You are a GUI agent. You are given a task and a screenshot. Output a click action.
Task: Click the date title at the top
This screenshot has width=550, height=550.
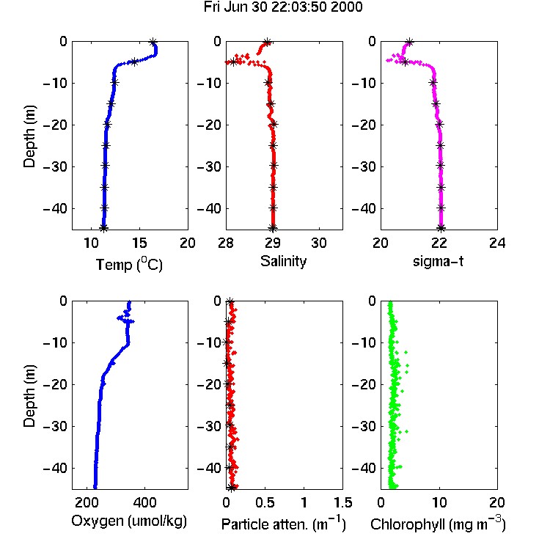click(283, 7)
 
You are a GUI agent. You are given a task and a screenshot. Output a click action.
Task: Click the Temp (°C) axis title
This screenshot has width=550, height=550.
click(129, 264)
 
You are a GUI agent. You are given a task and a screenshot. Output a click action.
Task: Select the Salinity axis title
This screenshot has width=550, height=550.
click(283, 261)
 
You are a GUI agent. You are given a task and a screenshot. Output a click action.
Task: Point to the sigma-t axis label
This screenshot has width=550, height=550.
click(438, 262)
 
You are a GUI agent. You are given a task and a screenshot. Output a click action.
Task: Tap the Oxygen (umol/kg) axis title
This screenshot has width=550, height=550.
click(129, 521)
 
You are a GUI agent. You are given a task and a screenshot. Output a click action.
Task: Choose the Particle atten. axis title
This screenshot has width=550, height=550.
click(284, 524)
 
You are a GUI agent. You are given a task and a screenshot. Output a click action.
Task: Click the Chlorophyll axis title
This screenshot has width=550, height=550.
click(438, 524)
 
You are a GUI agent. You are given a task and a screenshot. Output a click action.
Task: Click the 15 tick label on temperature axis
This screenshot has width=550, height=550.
click(139, 243)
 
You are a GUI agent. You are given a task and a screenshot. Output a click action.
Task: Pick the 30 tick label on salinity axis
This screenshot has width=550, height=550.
click(319, 243)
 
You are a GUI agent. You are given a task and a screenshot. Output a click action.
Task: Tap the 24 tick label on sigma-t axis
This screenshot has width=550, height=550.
click(497, 243)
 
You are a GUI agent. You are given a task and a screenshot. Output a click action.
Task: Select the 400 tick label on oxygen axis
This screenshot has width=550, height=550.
click(144, 502)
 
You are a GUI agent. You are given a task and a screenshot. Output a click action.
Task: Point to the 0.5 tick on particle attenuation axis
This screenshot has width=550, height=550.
click(265, 502)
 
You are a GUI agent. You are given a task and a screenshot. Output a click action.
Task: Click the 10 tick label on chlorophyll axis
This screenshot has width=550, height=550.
click(439, 502)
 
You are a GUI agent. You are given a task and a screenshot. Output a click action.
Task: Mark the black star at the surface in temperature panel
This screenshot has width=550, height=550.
click(153, 43)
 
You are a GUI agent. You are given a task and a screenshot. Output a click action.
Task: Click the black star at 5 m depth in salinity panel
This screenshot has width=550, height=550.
click(234, 62)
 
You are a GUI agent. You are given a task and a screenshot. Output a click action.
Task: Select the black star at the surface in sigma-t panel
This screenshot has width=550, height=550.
click(409, 43)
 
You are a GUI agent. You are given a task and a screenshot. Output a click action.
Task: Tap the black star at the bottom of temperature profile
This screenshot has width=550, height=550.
click(103, 228)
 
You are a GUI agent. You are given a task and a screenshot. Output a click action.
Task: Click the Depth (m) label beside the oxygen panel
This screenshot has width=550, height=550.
click(30, 396)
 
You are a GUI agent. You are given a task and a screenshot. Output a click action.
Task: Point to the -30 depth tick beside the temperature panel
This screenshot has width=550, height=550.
click(55, 166)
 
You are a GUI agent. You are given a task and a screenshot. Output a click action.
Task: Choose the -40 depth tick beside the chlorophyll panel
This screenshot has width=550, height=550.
click(364, 468)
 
